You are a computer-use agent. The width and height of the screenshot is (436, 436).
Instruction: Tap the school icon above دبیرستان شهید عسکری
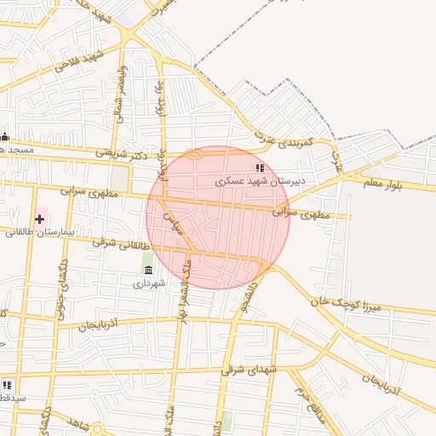click(x=260, y=169)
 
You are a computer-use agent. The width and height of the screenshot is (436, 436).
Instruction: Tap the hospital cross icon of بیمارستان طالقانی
click(x=39, y=219)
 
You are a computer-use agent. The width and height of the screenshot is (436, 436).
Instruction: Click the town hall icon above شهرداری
click(x=149, y=270)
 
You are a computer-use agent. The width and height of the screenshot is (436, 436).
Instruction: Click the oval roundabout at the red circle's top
click(x=195, y=154)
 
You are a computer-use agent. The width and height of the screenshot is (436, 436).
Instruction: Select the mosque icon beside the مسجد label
click(x=5, y=138)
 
